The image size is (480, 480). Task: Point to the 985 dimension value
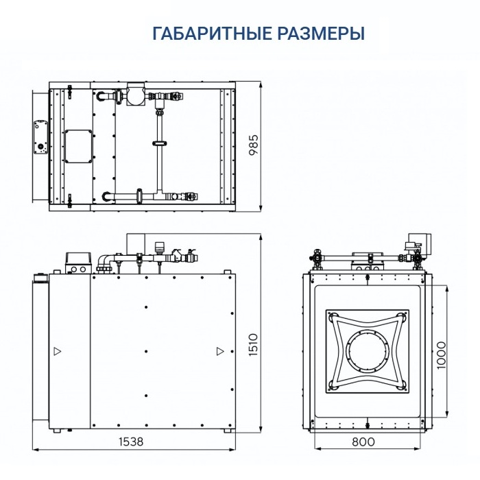tap(253, 146)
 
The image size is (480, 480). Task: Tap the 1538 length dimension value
tap(130, 442)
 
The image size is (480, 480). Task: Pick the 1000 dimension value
tap(441, 354)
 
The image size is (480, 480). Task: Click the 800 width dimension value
tap(363, 442)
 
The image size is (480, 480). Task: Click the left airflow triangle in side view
tap(57, 351)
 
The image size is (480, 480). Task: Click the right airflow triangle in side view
tap(219, 351)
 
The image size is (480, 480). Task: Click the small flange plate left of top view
tap(38, 137)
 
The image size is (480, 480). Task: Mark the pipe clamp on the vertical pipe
tap(158, 143)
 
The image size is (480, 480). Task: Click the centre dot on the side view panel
tap(147, 351)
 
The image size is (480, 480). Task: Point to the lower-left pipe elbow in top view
tap(107, 197)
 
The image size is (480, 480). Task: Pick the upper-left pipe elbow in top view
tap(104, 95)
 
